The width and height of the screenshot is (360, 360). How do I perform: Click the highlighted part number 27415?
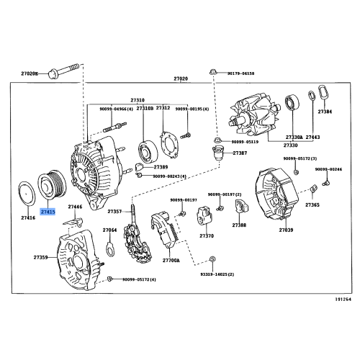[x=48, y=212]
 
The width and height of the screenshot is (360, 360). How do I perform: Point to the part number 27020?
[x=180, y=78]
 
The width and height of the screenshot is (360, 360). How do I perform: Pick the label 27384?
[x=325, y=112]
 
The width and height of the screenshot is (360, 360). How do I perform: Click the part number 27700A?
[x=171, y=261]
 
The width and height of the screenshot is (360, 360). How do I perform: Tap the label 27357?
[x=116, y=212]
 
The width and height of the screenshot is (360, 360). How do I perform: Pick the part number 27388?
[x=238, y=225]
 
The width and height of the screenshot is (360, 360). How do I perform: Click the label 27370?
[x=207, y=235]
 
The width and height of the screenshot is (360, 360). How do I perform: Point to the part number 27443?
[x=313, y=137]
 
